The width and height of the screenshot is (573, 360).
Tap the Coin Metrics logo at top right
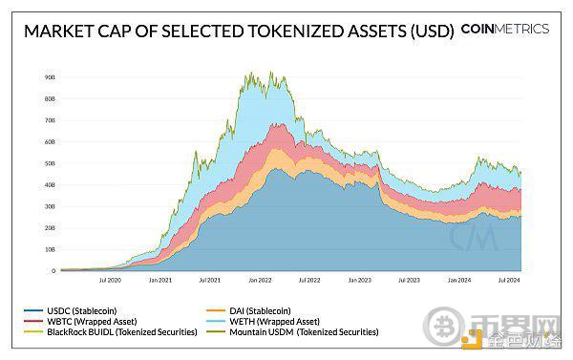point(504,29)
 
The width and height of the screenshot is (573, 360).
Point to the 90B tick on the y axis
point(50,75)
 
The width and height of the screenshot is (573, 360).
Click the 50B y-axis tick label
point(50,162)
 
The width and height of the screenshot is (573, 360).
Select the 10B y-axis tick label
point(50,249)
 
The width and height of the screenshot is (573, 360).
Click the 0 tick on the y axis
point(52,271)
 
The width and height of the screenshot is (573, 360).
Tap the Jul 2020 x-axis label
point(109,281)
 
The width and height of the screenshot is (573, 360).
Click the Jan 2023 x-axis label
point(358,281)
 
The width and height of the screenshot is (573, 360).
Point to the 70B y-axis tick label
point(50,119)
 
